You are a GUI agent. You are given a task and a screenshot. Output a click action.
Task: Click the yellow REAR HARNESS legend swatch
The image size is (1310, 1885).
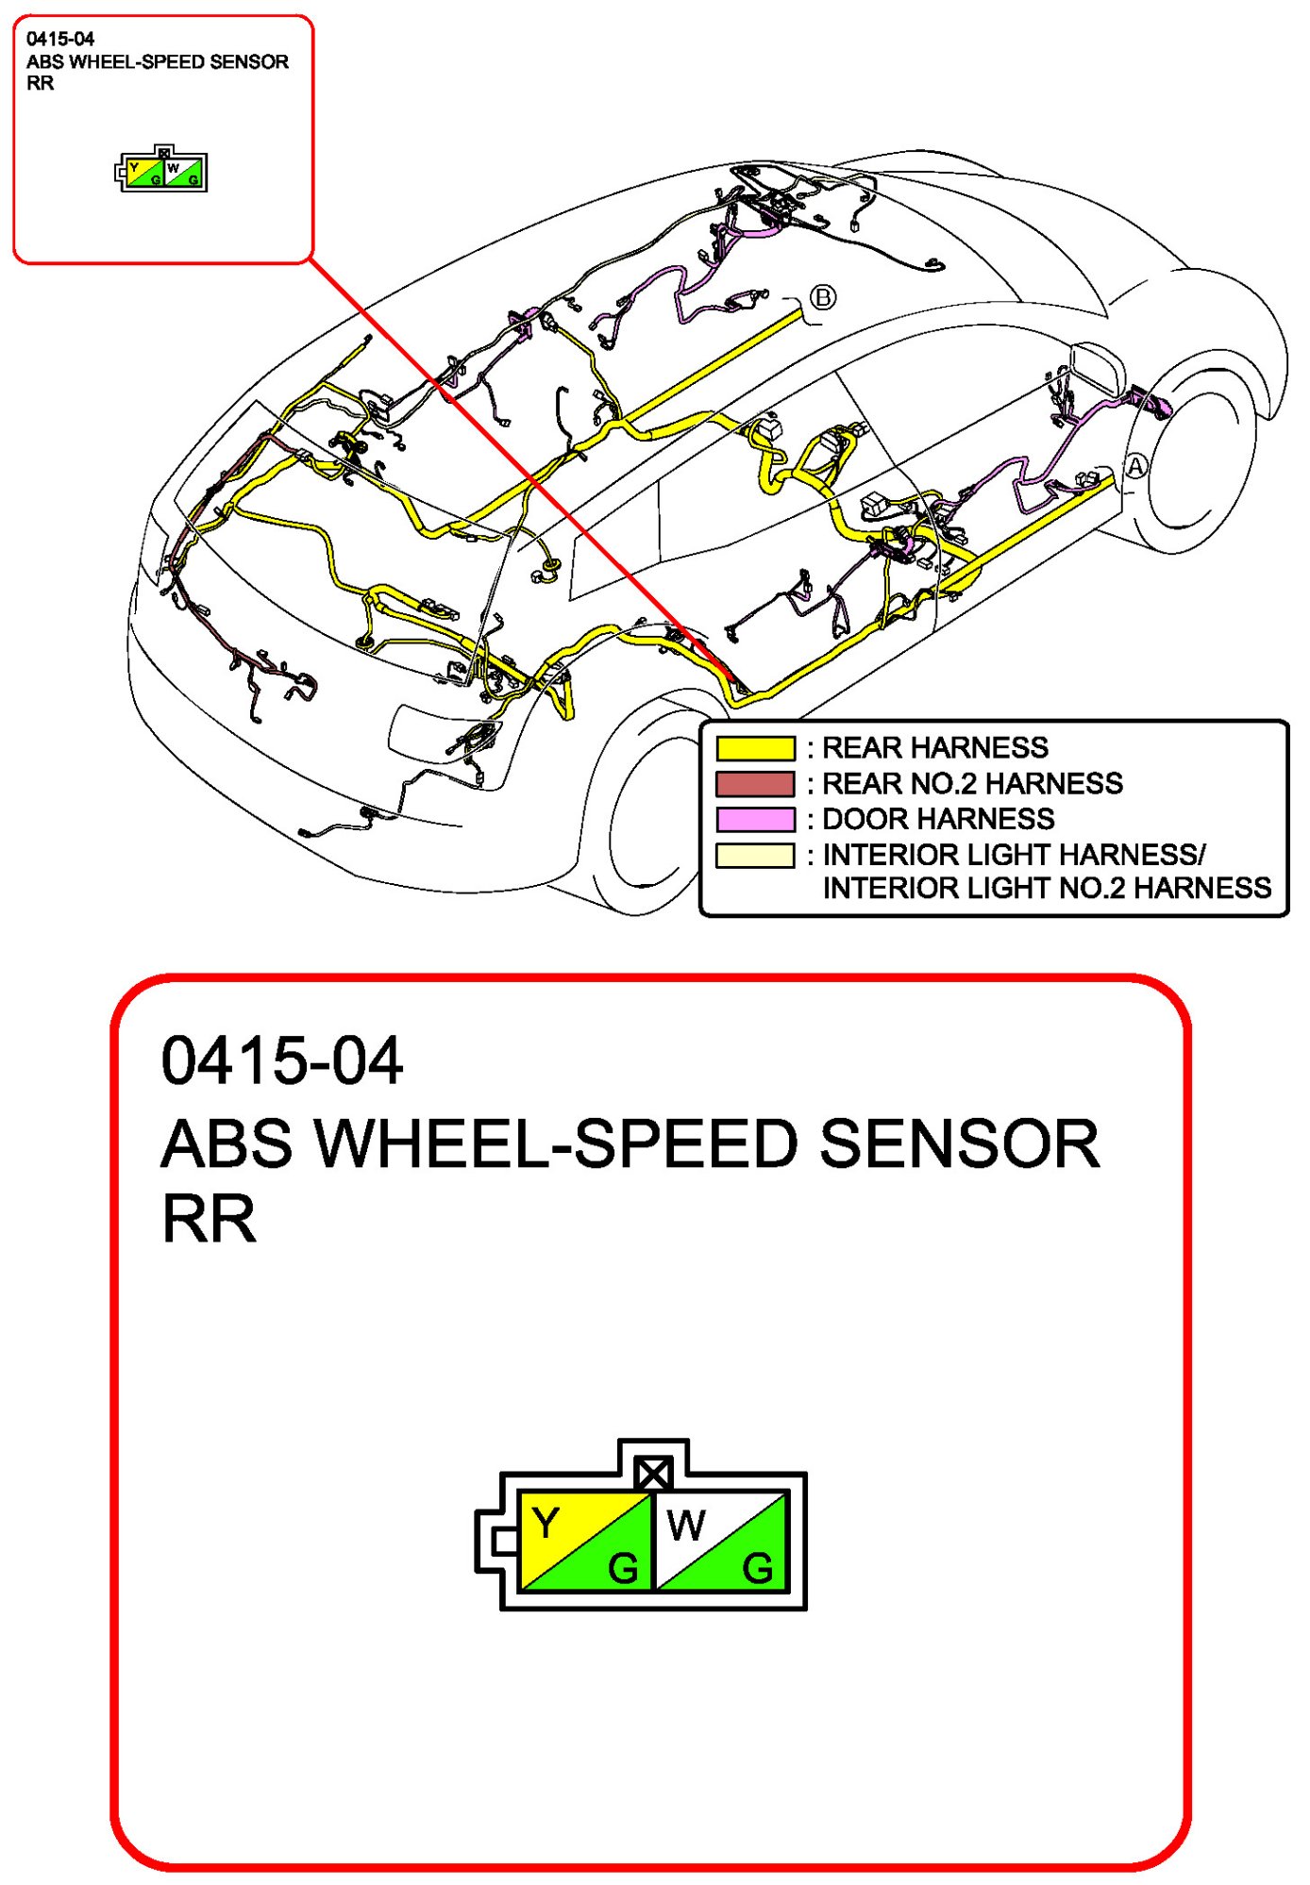[x=755, y=748]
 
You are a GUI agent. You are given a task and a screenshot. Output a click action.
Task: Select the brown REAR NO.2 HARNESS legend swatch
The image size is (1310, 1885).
[x=755, y=784]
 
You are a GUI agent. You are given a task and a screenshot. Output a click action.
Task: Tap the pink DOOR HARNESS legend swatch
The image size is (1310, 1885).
[x=755, y=819]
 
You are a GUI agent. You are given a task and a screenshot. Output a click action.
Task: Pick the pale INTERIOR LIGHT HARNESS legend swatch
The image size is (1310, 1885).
[x=755, y=855]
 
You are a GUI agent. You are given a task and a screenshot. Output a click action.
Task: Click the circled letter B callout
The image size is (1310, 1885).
[x=823, y=297]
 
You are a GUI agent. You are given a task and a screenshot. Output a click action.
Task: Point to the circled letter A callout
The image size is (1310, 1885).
[x=1135, y=466]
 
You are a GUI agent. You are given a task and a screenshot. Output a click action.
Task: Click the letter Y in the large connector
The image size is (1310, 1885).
[x=546, y=1523]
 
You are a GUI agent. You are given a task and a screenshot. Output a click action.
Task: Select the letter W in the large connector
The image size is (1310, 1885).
[x=685, y=1525]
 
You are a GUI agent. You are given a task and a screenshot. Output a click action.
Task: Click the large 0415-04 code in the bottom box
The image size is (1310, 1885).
[x=282, y=1060]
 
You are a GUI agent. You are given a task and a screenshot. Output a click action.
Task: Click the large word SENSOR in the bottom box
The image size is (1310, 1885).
[x=959, y=1143]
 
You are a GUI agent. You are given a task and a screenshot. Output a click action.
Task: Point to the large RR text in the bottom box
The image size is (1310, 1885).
[x=209, y=1219]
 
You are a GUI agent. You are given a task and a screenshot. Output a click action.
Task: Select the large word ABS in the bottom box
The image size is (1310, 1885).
[x=227, y=1143]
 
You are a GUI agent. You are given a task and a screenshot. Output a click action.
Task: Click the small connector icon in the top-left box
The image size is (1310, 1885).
[x=162, y=171]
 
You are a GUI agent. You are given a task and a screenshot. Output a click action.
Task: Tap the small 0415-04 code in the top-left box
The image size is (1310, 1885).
[x=60, y=39]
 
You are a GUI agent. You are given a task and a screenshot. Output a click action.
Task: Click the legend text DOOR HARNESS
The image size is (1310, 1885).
[x=938, y=819]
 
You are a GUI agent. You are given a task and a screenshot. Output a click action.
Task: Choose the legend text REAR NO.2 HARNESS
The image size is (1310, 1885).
[x=972, y=783]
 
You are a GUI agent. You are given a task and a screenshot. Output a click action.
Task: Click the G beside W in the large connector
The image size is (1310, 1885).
[x=758, y=1569]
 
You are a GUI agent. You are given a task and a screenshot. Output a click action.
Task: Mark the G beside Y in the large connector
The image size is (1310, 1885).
[x=623, y=1569]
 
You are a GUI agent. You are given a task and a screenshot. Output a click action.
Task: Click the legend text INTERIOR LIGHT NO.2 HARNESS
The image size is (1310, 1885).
[x=1047, y=888]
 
